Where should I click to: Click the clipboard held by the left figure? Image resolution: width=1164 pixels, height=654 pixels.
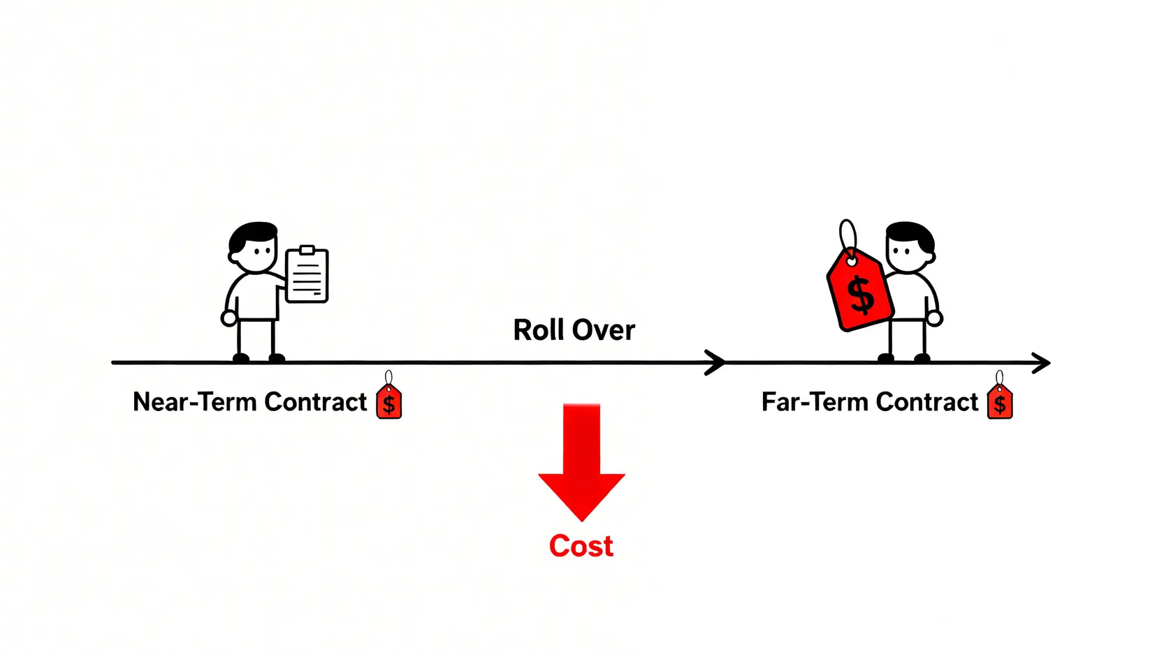307,275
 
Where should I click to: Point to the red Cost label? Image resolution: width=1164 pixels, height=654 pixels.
581,546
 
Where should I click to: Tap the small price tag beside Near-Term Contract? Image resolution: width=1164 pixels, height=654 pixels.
389,401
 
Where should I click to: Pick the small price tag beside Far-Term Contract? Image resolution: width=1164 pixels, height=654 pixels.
1000,401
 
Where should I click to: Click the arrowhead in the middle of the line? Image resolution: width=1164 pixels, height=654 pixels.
716,363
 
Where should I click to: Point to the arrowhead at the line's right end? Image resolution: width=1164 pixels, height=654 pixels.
1042,363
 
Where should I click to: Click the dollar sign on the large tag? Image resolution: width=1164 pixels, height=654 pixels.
861,295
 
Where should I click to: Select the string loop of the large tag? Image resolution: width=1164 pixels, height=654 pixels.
847,236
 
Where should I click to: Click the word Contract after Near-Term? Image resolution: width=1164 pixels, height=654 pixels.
315,402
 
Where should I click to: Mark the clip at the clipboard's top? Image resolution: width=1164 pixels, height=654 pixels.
307,250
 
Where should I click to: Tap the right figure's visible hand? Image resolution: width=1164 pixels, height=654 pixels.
935,319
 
